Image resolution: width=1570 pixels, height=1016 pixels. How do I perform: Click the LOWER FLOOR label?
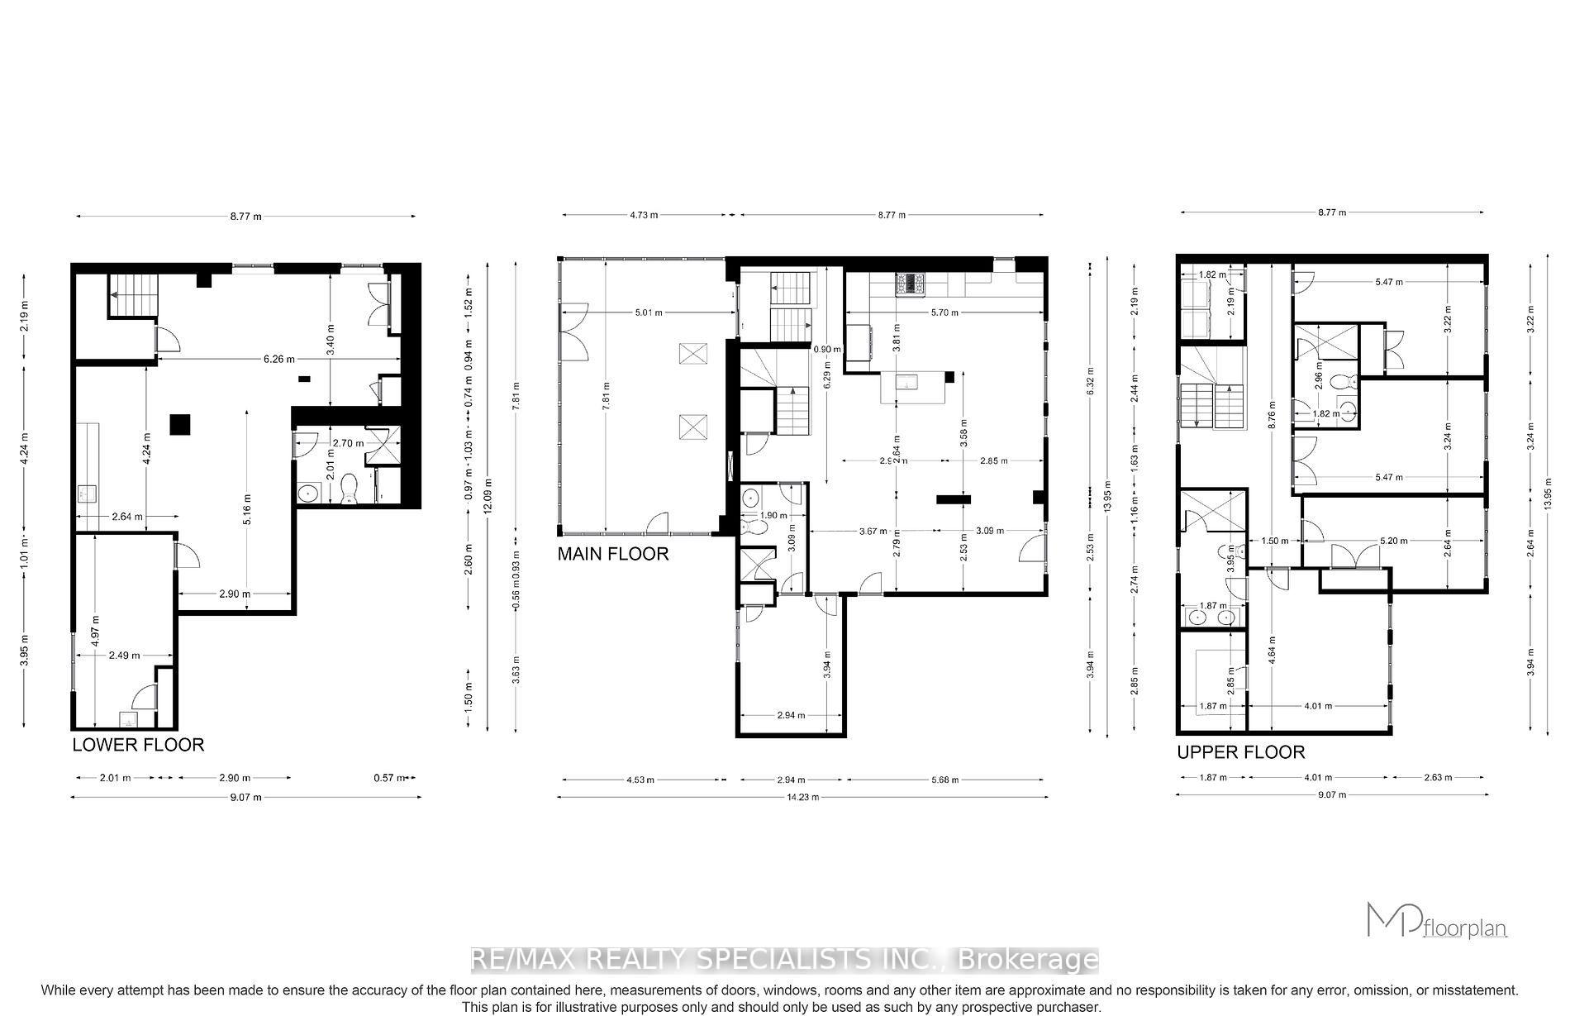138,745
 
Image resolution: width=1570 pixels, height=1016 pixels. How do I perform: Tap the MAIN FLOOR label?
612,553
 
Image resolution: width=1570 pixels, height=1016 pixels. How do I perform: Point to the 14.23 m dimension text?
802,797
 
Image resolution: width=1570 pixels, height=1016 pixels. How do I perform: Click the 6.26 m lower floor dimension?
278,359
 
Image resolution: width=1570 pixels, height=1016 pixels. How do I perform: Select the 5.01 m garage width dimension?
648,312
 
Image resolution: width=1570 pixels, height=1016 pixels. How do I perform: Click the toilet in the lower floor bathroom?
349,489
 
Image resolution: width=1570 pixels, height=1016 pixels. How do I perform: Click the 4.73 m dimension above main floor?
643,215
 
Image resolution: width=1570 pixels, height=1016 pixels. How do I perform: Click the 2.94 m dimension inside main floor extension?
791,715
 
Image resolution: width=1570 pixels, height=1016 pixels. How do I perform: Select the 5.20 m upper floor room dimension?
1393,541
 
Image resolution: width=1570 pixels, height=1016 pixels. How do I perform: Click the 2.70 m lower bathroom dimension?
348,443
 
